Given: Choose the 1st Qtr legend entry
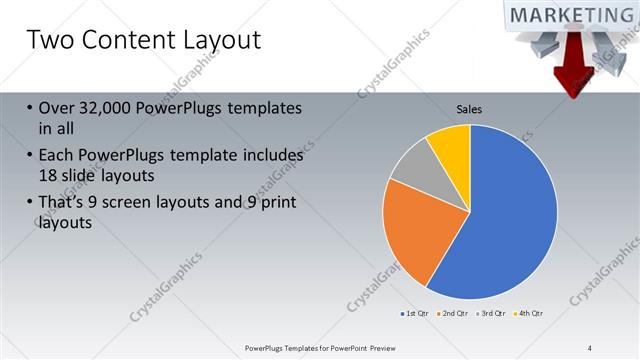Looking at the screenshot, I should (x=418, y=314).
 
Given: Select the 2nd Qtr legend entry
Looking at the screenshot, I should (x=455, y=314).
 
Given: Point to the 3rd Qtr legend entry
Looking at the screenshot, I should (x=492, y=314).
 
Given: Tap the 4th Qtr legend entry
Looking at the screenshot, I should (x=529, y=314).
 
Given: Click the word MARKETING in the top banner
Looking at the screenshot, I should (x=572, y=16).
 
